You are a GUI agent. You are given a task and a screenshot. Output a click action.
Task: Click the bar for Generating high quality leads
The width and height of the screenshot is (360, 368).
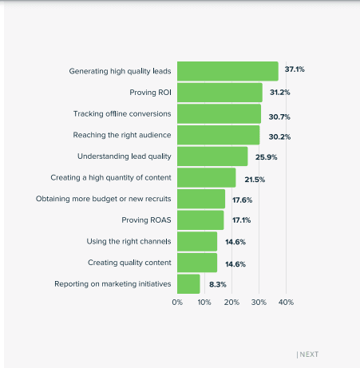tap(227, 71)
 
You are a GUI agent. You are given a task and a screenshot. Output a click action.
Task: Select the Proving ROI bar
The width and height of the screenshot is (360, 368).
tap(220, 93)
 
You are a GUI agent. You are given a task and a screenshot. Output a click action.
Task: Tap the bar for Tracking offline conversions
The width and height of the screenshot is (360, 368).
tap(219, 113)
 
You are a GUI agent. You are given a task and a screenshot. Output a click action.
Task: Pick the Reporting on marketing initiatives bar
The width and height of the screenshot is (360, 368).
tap(188, 283)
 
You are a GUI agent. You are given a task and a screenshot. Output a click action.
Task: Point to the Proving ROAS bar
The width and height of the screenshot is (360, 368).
tap(200, 220)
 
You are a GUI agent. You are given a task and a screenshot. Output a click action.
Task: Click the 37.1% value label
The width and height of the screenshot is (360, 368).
tap(295, 70)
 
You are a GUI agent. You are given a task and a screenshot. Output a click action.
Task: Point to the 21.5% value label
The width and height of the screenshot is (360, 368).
tap(255, 179)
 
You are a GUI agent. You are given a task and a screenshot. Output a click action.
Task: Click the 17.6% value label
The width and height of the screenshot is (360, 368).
tap(242, 200)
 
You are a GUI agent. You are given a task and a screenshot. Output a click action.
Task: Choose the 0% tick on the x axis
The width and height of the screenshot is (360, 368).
tap(177, 303)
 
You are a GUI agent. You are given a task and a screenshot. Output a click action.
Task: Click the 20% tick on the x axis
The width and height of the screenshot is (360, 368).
tap(231, 303)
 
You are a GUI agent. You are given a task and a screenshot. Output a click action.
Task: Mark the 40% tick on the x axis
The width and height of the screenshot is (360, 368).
tap(286, 303)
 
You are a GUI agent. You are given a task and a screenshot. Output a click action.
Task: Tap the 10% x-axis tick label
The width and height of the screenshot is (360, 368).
tap(204, 303)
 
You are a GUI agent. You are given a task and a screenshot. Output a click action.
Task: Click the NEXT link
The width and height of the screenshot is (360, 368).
tap(308, 354)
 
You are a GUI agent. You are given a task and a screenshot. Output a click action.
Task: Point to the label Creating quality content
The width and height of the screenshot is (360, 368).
tap(129, 262)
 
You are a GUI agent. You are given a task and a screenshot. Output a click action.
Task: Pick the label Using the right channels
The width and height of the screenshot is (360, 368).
tap(129, 241)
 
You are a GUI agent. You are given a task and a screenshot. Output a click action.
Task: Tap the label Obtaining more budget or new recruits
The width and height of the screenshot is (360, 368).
tap(104, 199)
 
